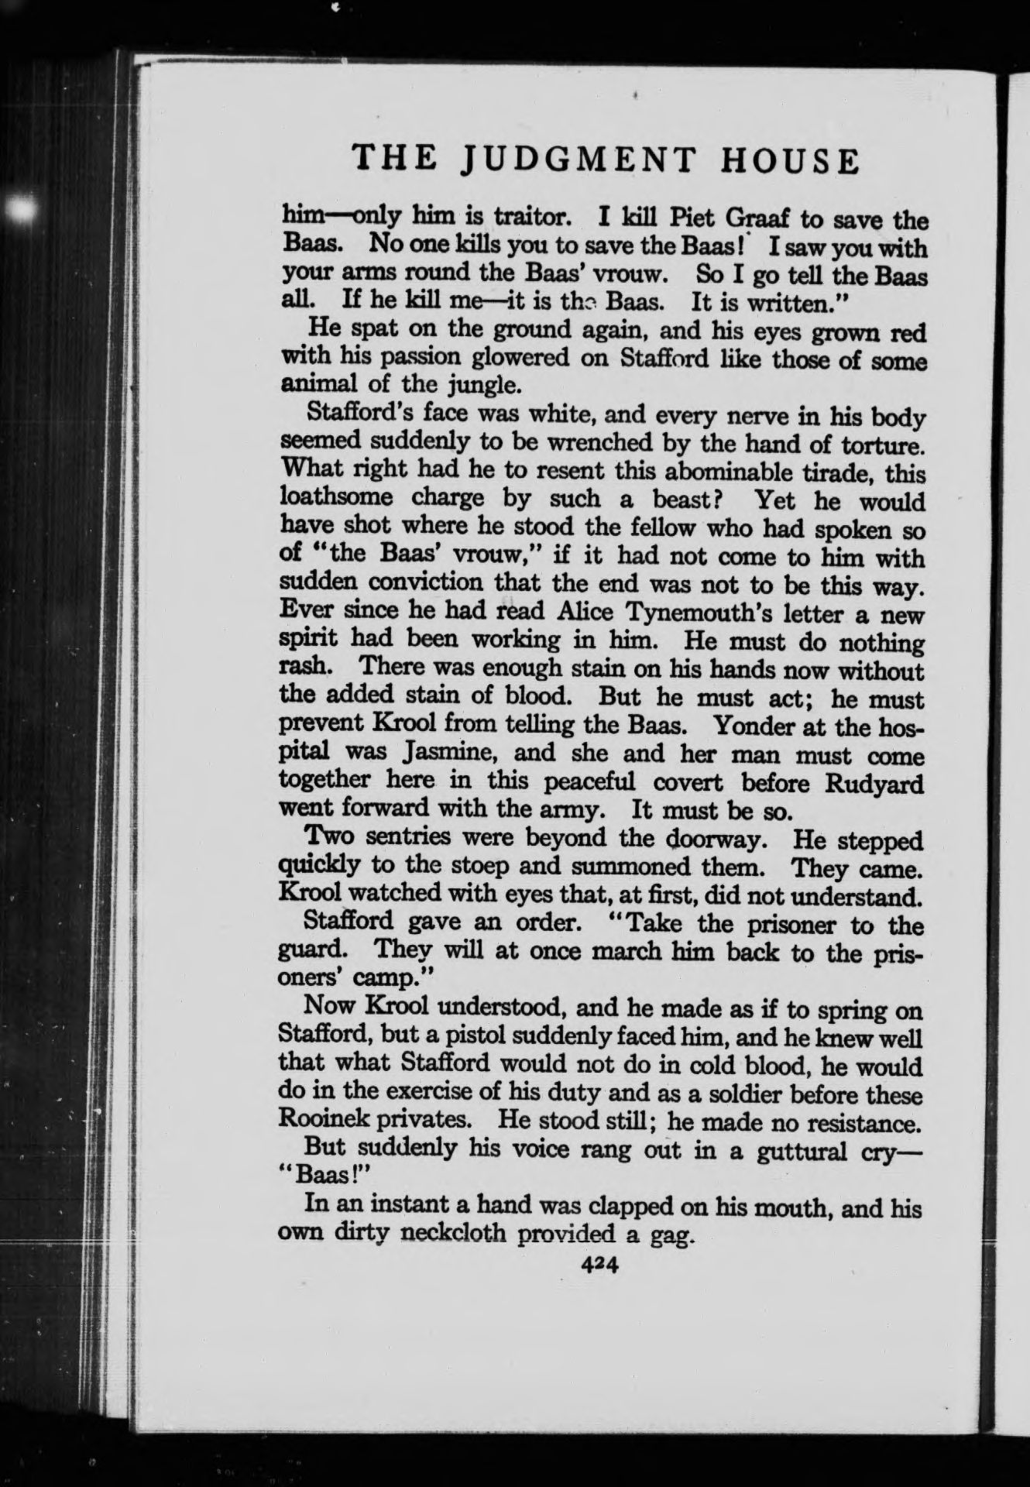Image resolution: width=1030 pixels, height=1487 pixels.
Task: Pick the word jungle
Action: (462, 385)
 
